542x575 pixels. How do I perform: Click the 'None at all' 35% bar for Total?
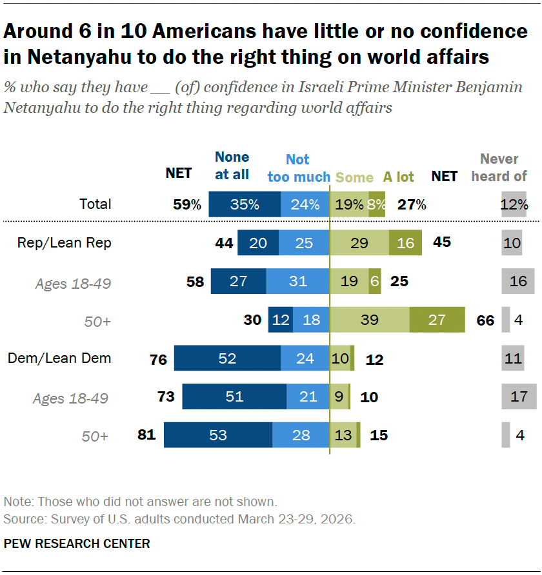pos(245,204)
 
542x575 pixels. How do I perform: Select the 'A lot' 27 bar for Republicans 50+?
pos(437,320)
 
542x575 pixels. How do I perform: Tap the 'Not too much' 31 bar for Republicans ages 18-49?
pos(297,282)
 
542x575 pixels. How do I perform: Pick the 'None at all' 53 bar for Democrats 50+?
pos(218,435)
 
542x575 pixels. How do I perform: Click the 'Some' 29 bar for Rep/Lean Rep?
pos(359,243)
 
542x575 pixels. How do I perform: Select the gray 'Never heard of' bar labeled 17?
pos(519,396)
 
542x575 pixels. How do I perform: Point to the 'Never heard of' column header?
pos(499,167)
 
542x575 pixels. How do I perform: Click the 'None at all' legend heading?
pos(232,165)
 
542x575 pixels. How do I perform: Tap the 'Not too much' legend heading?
pos(298,168)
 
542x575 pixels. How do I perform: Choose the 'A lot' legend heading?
pos(399,177)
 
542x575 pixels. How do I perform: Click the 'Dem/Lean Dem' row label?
pos(59,358)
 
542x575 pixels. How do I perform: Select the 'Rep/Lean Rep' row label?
pos(65,243)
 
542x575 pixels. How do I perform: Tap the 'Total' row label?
pos(95,204)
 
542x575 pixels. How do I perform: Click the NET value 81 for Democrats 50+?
pos(146,435)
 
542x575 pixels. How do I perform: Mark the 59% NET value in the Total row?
pos(187,205)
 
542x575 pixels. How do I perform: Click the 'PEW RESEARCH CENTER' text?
pos(77,543)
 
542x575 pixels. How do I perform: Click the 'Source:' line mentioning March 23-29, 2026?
pos(179,518)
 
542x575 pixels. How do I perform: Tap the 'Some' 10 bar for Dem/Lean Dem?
pos(339,358)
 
